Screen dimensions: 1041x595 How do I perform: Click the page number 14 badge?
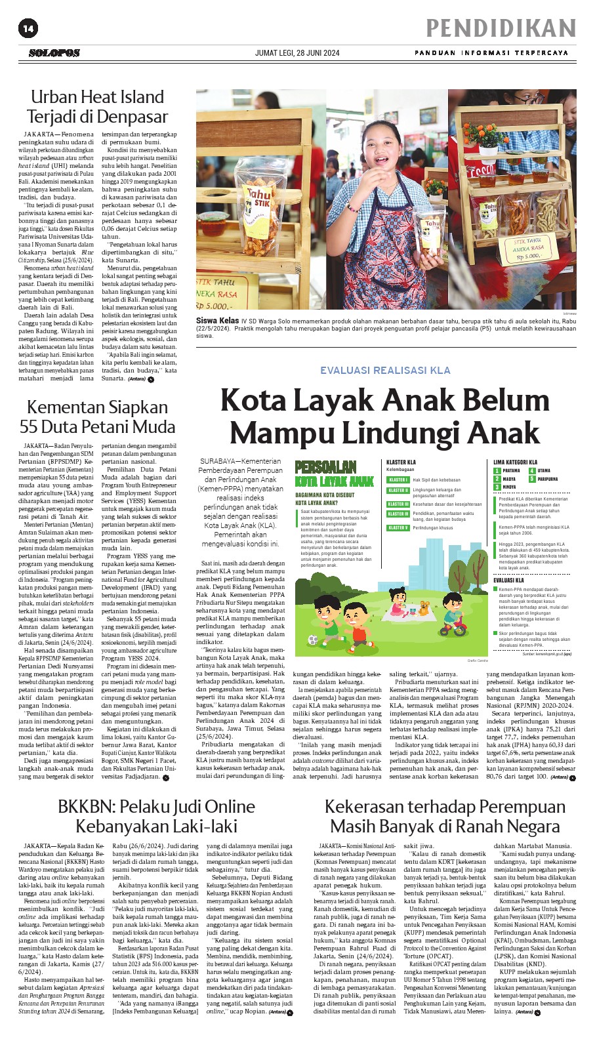coord(28,28)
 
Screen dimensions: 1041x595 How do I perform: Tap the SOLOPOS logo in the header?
coord(54,52)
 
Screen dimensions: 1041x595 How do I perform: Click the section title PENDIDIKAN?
coord(501,28)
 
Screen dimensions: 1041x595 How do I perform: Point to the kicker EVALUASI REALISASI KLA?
coord(385,370)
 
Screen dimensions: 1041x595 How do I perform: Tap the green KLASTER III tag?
coord(398,504)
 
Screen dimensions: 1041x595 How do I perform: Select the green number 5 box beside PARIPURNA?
coord(533,479)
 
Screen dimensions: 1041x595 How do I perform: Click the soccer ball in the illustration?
coord(313,640)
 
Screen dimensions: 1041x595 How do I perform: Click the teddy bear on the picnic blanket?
coord(424,607)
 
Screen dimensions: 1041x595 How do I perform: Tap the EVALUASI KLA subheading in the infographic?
coord(509,580)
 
